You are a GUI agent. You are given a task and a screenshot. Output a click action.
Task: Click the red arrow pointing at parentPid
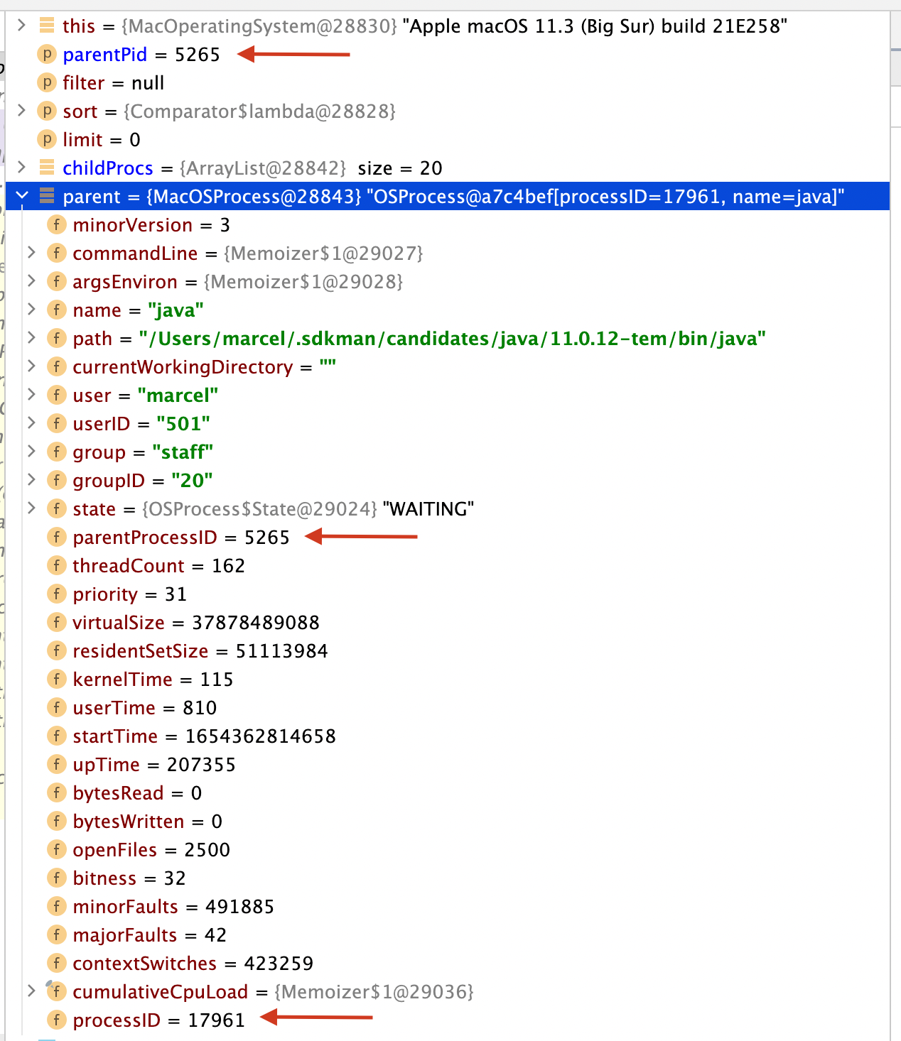click(293, 54)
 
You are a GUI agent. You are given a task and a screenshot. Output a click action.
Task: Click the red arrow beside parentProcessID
click(361, 537)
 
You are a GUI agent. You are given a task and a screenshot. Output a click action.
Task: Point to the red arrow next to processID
click(316, 1018)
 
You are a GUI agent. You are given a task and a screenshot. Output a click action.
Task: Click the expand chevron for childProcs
click(21, 168)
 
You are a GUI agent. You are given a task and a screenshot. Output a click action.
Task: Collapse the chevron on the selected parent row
click(22, 196)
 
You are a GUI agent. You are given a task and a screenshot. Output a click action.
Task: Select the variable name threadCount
click(128, 566)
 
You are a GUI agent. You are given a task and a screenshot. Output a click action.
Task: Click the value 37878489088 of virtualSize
click(256, 623)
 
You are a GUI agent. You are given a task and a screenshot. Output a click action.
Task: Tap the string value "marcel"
click(178, 396)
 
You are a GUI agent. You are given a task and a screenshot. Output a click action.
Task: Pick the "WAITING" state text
click(428, 509)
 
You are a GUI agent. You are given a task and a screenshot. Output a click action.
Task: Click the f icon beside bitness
click(56, 878)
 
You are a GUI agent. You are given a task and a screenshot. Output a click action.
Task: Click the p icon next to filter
click(46, 83)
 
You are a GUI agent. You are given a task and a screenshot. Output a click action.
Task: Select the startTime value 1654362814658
click(260, 736)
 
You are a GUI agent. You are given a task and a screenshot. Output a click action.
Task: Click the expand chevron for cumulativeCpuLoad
click(31, 991)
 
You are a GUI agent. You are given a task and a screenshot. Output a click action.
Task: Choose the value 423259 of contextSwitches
click(279, 964)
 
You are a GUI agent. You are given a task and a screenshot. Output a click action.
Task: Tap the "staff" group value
click(183, 452)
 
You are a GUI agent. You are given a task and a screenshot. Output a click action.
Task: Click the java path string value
click(452, 339)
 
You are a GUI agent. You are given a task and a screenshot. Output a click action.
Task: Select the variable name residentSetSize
click(140, 651)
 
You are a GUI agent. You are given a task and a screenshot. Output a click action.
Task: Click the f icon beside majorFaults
click(56, 935)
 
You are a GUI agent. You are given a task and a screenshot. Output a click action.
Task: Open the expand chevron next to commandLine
click(31, 253)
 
